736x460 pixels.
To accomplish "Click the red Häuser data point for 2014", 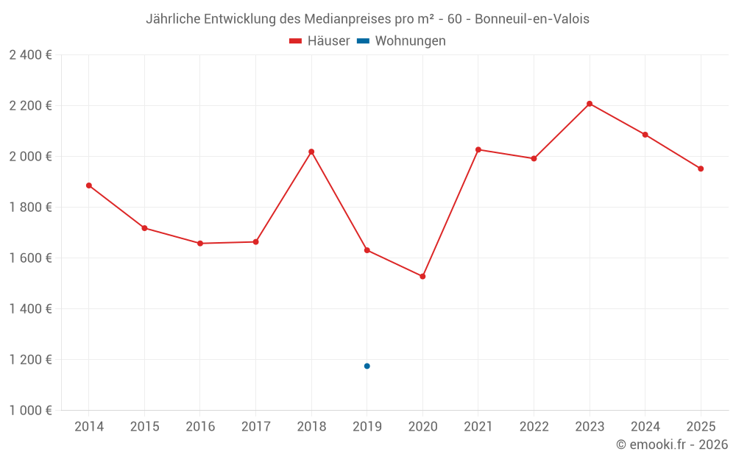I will click(89, 185).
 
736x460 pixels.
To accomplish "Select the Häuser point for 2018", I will click(311, 152).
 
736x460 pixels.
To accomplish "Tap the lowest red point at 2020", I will click(422, 277).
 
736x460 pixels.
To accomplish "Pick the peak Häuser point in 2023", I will click(590, 104).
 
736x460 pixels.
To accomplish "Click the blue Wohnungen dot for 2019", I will click(367, 366).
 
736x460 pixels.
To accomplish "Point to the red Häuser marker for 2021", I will click(478, 149).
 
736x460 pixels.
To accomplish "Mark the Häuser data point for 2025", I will click(701, 169).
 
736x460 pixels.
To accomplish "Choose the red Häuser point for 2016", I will click(200, 244).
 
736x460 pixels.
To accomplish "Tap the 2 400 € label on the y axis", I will click(30, 55).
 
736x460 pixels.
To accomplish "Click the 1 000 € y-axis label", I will click(30, 411).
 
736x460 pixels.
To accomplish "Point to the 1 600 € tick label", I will click(30, 258).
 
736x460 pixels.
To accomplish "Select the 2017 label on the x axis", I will click(255, 427).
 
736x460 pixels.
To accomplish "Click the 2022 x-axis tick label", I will click(534, 427).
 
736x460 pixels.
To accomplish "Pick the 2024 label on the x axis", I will click(645, 427).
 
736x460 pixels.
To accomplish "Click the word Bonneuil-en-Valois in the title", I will click(532, 19).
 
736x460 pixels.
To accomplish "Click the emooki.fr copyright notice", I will click(671, 445).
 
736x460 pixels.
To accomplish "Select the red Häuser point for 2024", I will click(645, 135).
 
